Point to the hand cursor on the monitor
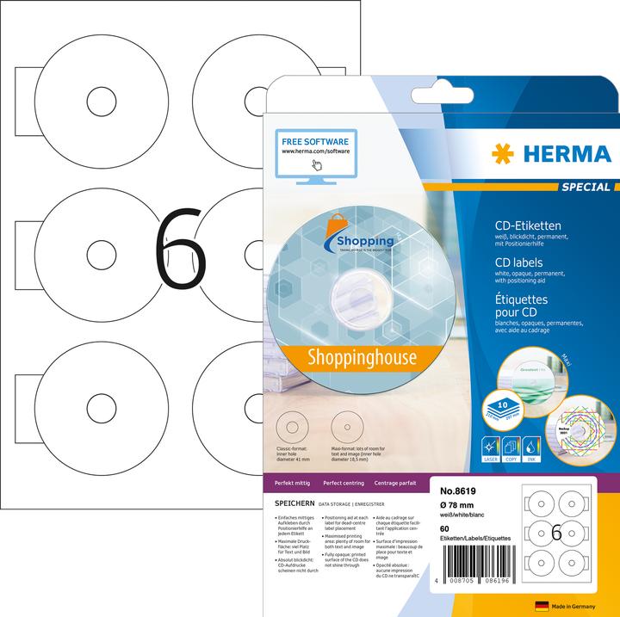316,164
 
